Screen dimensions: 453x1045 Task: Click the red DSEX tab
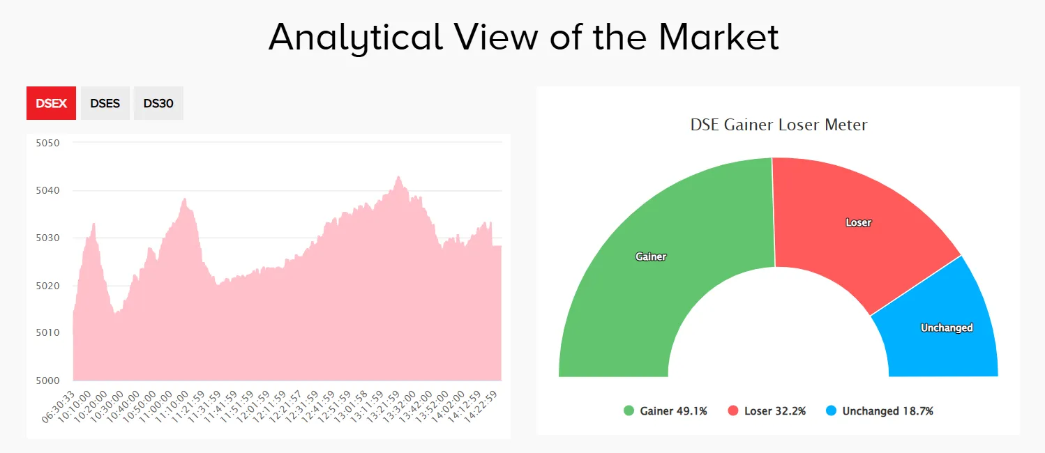tap(51, 103)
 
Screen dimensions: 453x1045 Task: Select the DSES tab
tap(105, 103)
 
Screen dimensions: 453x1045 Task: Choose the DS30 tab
tap(158, 103)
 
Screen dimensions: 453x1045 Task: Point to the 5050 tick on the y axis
tap(48, 143)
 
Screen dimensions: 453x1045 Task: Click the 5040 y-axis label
tap(48, 190)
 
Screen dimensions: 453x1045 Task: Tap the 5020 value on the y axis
tap(48, 286)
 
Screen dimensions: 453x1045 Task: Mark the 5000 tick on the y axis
tap(48, 381)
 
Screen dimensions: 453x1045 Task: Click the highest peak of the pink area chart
tap(398, 177)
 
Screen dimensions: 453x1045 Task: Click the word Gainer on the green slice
tap(651, 256)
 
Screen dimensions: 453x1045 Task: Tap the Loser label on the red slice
tap(858, 222)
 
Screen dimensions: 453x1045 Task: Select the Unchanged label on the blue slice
tap(946, 328)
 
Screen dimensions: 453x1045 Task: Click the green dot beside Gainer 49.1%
tap(629, 411)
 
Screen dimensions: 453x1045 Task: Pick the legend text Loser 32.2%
tap(774, 411)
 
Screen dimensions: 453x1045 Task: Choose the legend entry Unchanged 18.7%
tap(887, 411)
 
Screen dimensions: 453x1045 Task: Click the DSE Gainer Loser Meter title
tap(779, 125)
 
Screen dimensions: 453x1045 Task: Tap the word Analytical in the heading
tap(356, 37)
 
